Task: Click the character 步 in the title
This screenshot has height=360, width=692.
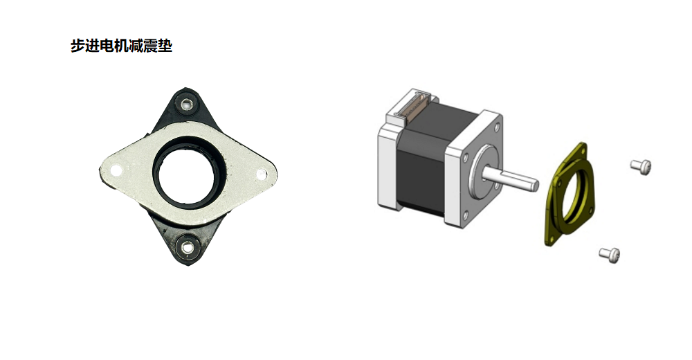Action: click(78, 46)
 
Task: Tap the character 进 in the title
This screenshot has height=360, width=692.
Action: click(92, 46)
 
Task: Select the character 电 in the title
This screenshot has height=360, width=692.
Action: click(107, 46)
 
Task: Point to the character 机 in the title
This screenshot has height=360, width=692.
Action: click(121, 46)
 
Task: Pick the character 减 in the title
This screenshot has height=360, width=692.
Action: click(136, 46)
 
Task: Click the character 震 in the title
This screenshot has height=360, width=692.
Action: click(150, 46)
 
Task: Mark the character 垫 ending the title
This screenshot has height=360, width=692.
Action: click(165, 46)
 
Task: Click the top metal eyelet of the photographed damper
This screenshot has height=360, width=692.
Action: click(188, 105)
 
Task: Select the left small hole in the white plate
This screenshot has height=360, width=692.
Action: click(116, 170)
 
